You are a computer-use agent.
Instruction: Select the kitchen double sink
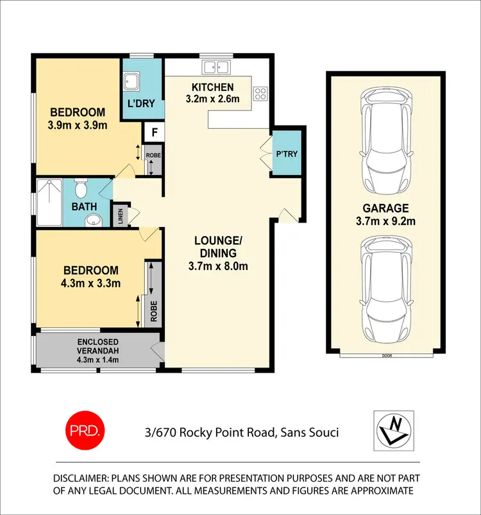coord(216,66)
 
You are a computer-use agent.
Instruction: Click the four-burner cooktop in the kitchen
coord(260,94)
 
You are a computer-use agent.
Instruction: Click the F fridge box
coord(154,133)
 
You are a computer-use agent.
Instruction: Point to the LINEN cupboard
coord(121,215)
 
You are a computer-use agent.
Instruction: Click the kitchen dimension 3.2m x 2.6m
coord(212,99)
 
